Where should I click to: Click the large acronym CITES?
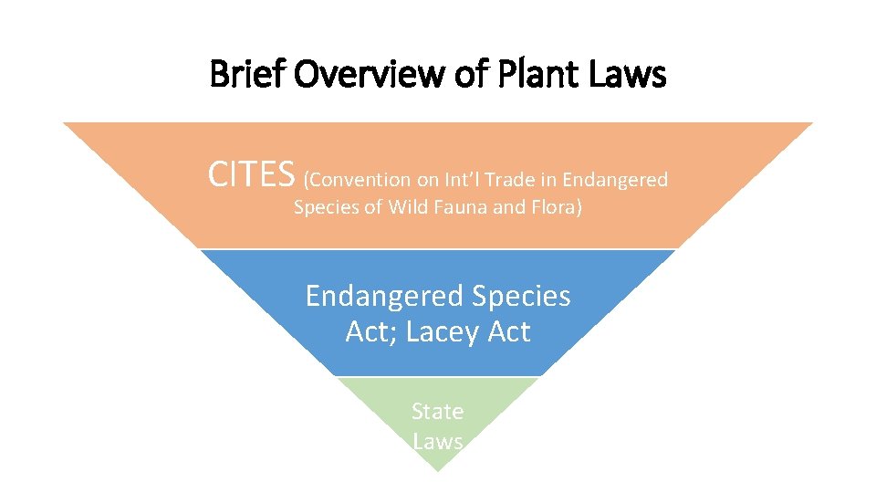(252, 173)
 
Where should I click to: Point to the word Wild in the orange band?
(408, 207)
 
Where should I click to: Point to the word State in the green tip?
(438, 412)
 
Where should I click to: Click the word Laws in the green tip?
(438, 442)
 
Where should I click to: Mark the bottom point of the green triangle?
(438, 471)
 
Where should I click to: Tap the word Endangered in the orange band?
(615, 179)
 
